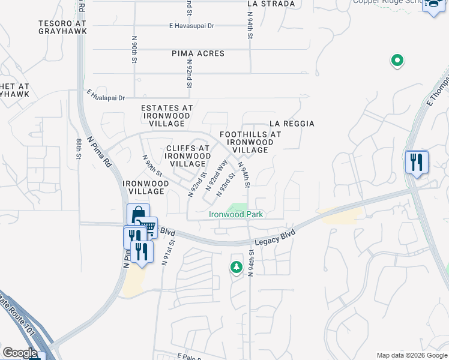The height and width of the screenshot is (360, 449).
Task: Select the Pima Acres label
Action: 198,53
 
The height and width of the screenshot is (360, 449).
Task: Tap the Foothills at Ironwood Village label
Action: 250,142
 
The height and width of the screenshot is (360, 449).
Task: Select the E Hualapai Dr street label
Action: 105,95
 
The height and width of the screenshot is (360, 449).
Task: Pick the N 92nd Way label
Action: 217,175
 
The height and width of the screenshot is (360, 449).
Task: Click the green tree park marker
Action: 237,267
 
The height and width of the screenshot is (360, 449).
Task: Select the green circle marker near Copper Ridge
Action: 397,60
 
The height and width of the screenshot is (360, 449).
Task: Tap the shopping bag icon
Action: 138,214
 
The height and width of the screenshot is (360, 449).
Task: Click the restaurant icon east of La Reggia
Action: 416,163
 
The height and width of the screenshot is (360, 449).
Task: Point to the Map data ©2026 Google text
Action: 411,355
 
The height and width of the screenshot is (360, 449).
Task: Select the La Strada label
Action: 271,4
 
